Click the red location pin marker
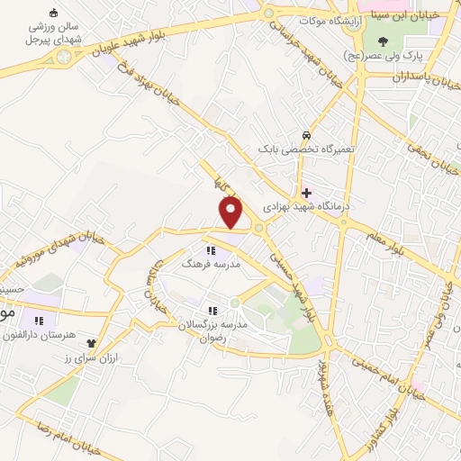[231, 212]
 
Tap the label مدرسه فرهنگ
[211, 266]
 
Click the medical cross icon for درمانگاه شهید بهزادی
[307, 192]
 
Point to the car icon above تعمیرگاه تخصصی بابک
[307, 135]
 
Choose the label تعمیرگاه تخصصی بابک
[307, 148]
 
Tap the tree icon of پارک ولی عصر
[384, 41]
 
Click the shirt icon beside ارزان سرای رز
[91, 342]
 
